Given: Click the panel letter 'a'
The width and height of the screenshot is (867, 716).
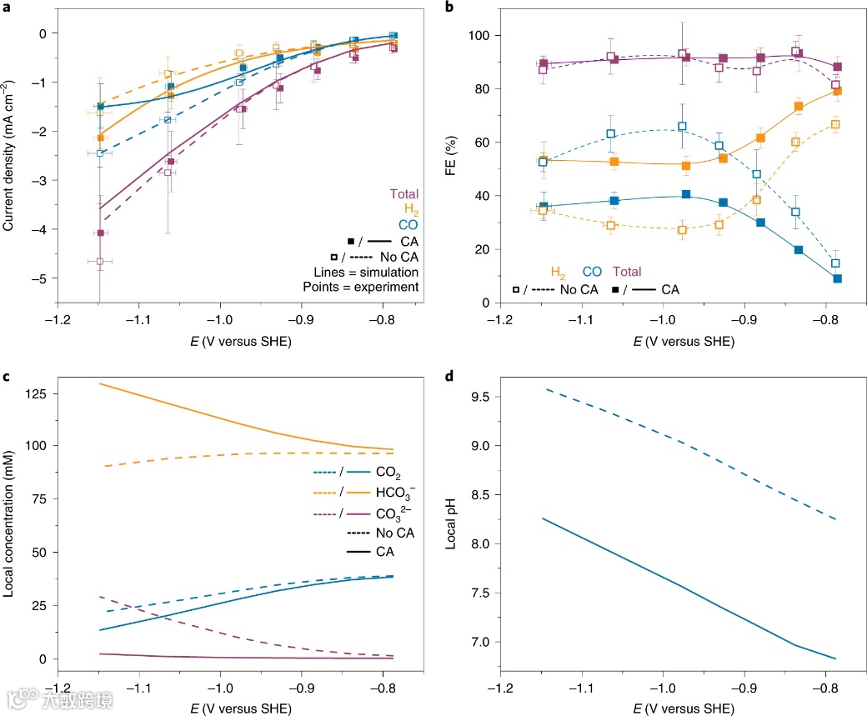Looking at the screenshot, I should [6, 8].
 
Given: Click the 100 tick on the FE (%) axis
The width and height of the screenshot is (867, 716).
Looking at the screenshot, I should [478, 36].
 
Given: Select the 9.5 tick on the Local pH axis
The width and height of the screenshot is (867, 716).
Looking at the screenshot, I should [478, 397].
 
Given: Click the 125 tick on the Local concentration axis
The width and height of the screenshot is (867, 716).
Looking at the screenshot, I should [35, 392].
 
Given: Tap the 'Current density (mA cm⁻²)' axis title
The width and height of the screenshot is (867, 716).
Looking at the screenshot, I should [9, 158].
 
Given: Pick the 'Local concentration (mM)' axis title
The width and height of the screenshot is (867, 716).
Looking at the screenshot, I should [9, 516].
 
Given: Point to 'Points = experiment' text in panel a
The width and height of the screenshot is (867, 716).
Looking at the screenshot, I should [360, 287].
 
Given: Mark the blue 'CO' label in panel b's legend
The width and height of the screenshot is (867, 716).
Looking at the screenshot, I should [592, 271].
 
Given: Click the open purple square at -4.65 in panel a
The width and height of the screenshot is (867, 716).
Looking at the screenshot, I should [100, 261].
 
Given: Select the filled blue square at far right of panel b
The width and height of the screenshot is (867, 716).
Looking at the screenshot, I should [836, 278].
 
